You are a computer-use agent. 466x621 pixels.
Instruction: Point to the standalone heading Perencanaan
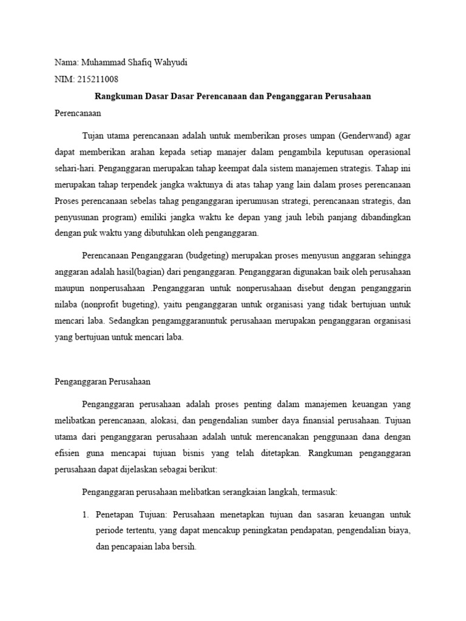[78, 113]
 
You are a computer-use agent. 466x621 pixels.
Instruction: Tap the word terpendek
[154, 184]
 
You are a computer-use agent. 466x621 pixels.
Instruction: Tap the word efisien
[68, 453]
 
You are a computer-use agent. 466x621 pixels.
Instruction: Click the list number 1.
[85, 514]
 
